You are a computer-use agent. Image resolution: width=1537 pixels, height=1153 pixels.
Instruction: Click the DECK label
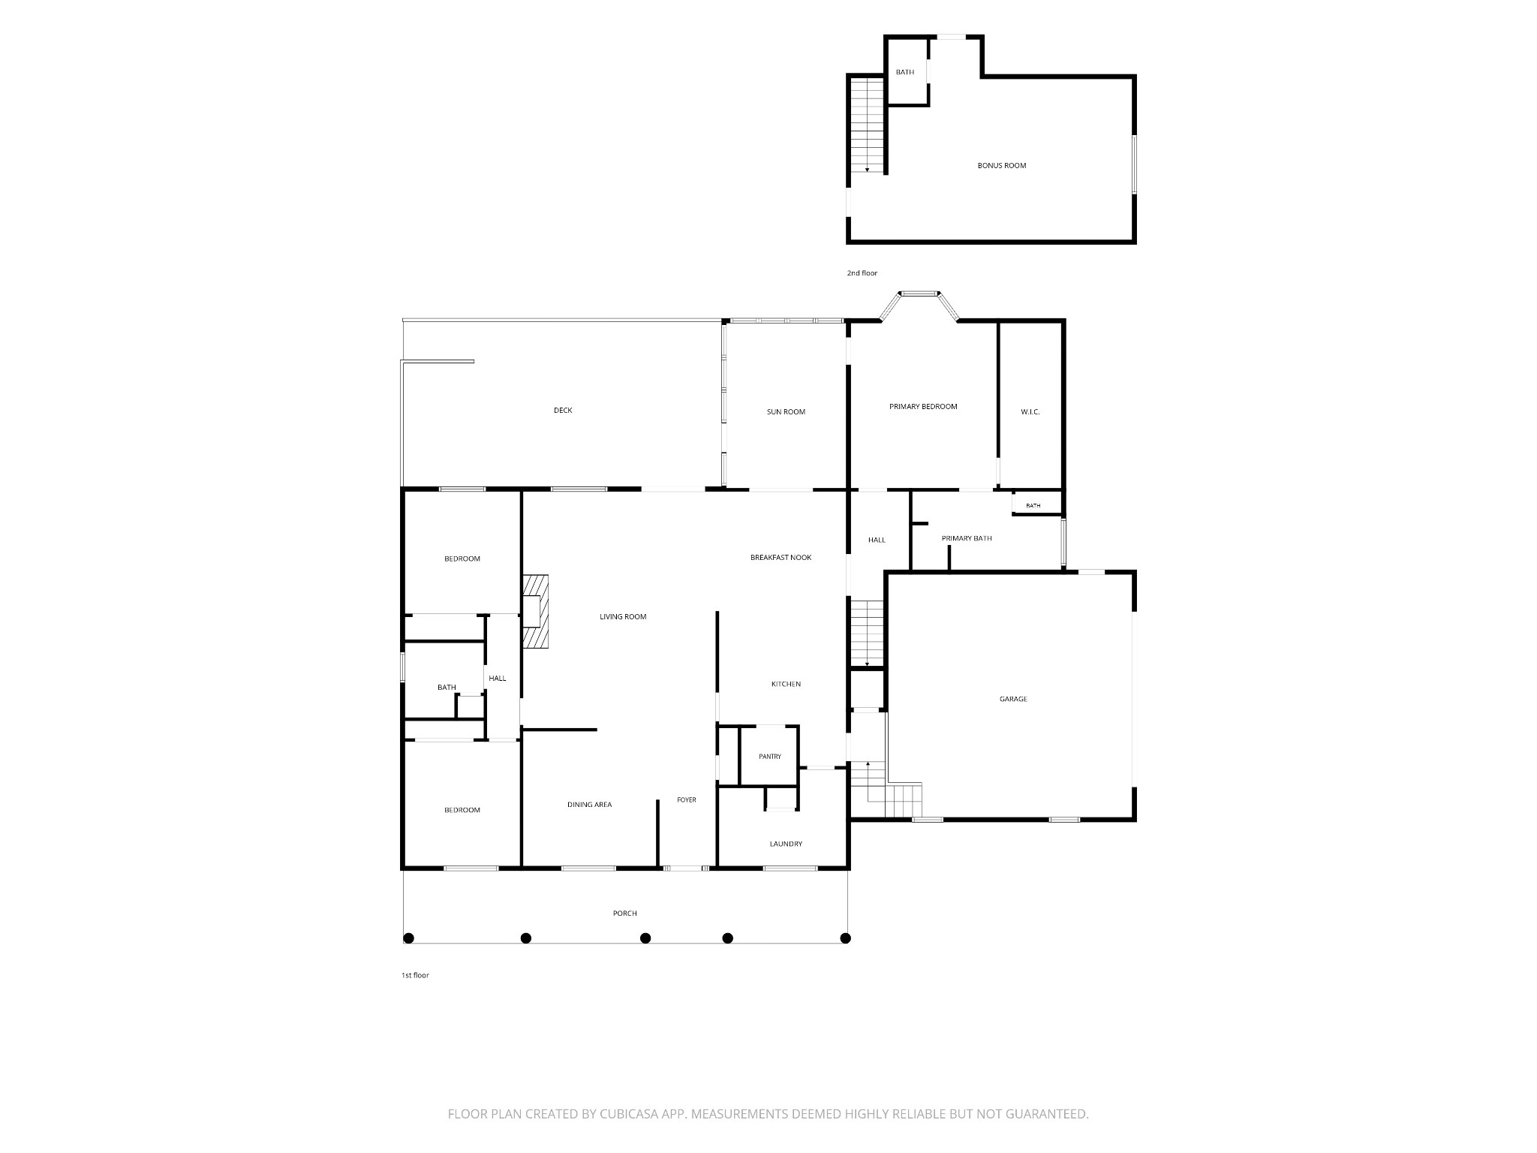pyautogui.click(x=563, y=411)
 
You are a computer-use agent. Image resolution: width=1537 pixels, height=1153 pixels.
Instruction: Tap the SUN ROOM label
pyautogui.click(x=786, y=412)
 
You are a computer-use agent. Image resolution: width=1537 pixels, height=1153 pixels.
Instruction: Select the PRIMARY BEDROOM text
pyautogui.click(x=923, y=407)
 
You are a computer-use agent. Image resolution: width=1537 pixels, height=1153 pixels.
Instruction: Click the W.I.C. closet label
pyautogui.click(x=1030, y=412)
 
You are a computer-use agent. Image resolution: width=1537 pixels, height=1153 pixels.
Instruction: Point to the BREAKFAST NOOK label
pyautogui.click(x=781, y=558)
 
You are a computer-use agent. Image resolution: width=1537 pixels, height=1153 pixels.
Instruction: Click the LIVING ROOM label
pyautogui.click(x=623, y=617)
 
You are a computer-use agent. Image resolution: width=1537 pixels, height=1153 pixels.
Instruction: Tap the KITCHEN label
pyautogui.click(x=786, y=685)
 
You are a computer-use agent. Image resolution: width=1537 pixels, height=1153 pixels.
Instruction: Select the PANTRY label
pyautogui.click(x=770, y=757)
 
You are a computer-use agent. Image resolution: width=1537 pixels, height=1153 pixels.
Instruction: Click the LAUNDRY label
pyautogui.click(x=786, y=844)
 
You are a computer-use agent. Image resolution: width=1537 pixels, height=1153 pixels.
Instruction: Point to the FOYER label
pyautogui.click(x=687, y=800)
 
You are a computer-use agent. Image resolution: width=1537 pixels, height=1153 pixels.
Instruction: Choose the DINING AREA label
pyautogui.click(x=589, y=805)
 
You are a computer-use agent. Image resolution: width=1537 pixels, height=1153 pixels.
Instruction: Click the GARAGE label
pyautogui.click(x=1013, y=700)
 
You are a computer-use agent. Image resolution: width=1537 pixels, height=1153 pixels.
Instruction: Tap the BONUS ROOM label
pyautogui.click(x=1002, y=166)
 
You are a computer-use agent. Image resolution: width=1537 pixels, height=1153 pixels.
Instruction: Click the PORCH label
pyautogui.click(x=625, y=914)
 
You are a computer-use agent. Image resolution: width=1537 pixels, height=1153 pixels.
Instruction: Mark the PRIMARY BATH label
pyautogui.click(x=967, y=538)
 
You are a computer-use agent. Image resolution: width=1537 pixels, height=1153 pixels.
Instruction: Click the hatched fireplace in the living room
pyautogui.click(x=536, y=610)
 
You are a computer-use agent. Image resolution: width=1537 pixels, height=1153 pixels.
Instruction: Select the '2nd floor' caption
pyautogui.click(x=862, y=273)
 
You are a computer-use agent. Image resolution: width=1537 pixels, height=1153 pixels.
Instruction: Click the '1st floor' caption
pyautogui.click(x=415, y=976)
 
